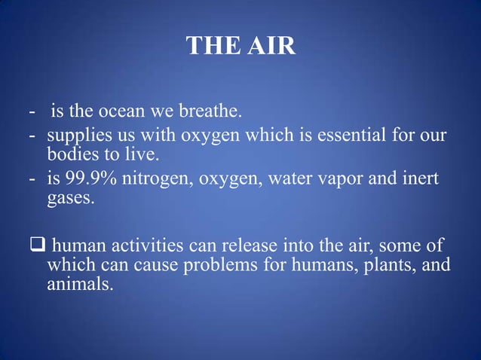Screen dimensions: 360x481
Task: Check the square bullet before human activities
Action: (38, 247)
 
